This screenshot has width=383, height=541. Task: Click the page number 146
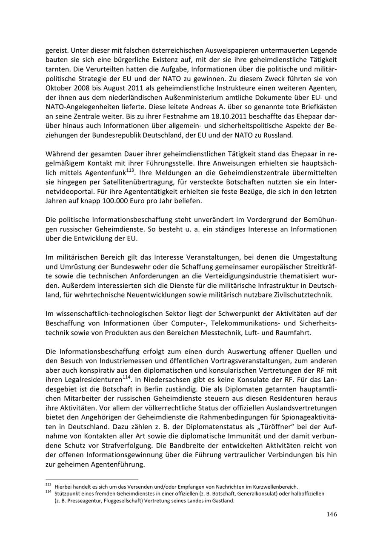332,514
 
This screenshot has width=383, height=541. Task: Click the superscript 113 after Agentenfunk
130,170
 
